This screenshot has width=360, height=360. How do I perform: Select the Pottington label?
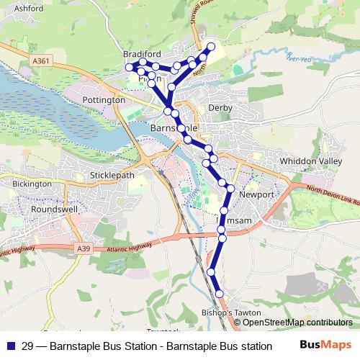[104, 99]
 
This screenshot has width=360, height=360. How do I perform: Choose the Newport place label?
[256, 195]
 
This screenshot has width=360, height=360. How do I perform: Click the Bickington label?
[32, 184]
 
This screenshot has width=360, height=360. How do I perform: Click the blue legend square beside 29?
[9, 346]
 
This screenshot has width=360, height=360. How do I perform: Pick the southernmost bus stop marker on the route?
[219, 294]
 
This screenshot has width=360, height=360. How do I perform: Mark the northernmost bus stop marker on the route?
[211, 47]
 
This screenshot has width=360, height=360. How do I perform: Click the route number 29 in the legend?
[27, 346]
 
